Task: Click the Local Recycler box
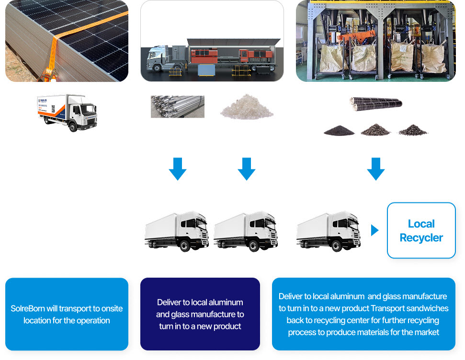[x=421, y=230]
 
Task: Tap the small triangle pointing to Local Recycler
[x=374, y=230]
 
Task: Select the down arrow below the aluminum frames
[x=178, y=169]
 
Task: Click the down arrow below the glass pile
[x=247, y=169]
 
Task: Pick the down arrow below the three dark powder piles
[x=376, y=169]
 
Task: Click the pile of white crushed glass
[x=247, y=107]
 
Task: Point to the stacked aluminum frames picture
[x=178, y=107]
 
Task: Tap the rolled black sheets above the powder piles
[x=376, y=102]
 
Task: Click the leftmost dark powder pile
[x=339, y=130]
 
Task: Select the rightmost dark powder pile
[x=413, y=130]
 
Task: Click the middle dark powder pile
[x=376, y=130]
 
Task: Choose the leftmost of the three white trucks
[x=177, y=231]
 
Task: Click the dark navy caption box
[x=200, y=314]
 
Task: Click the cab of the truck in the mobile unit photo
[x=159, y=59]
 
